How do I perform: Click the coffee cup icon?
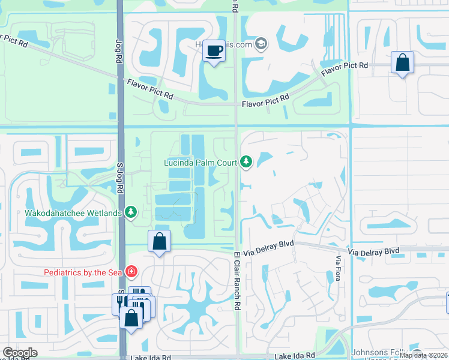point(214,50)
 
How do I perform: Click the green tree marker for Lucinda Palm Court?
point(246,162)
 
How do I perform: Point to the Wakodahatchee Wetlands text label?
point(73,212)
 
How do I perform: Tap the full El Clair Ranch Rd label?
point(237,280)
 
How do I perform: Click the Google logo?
point(20,353)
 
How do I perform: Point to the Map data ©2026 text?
point(423,355)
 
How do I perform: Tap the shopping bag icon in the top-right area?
point(402,62)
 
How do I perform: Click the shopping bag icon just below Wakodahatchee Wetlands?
point(159,242)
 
